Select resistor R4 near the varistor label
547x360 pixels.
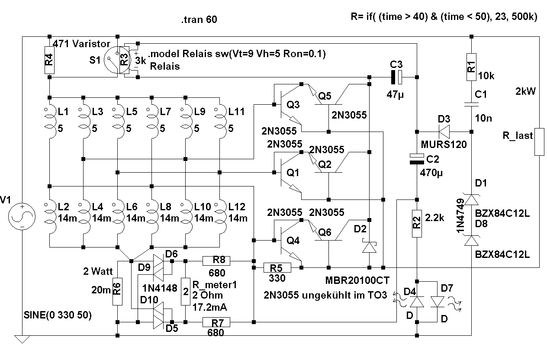50,62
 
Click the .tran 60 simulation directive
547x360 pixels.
199,20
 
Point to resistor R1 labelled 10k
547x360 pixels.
471,67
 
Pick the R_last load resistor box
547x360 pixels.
539,141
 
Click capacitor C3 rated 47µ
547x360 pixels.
396,77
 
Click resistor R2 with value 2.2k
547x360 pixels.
416,223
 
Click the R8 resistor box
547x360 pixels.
216,260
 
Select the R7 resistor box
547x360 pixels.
216,322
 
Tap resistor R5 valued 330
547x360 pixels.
277,268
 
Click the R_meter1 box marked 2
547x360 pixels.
186,292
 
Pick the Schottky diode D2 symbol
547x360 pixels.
369,247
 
